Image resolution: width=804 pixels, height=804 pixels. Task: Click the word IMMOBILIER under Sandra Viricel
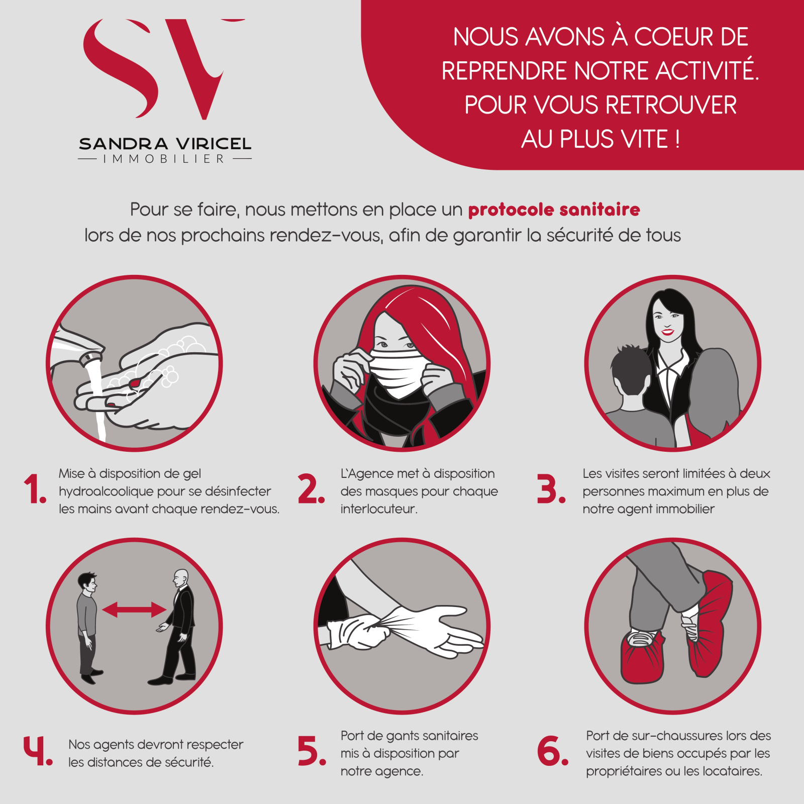[164, 159]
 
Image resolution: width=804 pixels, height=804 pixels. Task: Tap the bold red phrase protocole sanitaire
[554, 210]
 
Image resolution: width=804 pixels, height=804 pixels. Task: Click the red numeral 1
[35, 489]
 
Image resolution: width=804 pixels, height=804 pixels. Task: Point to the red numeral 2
[311, 489]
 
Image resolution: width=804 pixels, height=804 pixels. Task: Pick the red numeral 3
[551, 489]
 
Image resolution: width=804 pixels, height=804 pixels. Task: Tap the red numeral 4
[38, 751]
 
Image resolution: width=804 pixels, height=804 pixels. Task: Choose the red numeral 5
[312, 751]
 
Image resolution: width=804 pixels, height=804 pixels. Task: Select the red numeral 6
[552, 751]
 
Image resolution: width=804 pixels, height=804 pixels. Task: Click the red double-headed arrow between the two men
[134, 610]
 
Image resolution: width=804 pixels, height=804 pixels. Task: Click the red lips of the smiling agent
[667, 332]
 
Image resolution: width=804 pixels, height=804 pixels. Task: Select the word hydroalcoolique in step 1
[113, 491]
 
